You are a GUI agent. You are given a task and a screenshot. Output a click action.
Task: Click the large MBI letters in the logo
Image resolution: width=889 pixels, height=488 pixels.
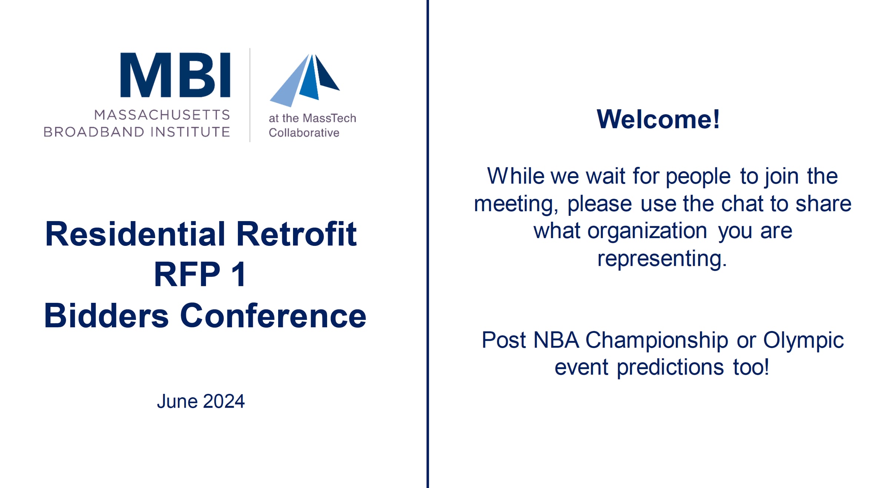(175, 75)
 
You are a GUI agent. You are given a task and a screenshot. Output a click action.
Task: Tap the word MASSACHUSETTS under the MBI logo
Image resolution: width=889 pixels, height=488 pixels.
(162, 115)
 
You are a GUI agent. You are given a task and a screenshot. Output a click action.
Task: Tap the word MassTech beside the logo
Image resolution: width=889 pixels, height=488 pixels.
(329, 118)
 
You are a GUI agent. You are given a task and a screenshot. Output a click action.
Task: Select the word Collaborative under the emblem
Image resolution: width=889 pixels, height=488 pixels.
(304, 133)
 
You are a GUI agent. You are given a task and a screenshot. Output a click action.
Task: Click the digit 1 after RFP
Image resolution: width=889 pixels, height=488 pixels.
(239, 274)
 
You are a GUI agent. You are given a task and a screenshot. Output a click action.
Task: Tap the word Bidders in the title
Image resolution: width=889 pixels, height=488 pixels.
(106, 315)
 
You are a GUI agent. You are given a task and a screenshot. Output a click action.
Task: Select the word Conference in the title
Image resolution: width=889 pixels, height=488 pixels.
(273, 315)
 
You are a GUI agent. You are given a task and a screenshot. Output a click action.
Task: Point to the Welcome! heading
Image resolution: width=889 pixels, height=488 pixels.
(658, 119)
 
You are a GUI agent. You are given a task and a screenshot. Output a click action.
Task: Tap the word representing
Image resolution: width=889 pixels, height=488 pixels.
(662, 259)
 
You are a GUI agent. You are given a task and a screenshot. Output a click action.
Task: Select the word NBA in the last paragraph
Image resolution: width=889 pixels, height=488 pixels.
(556, 340)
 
